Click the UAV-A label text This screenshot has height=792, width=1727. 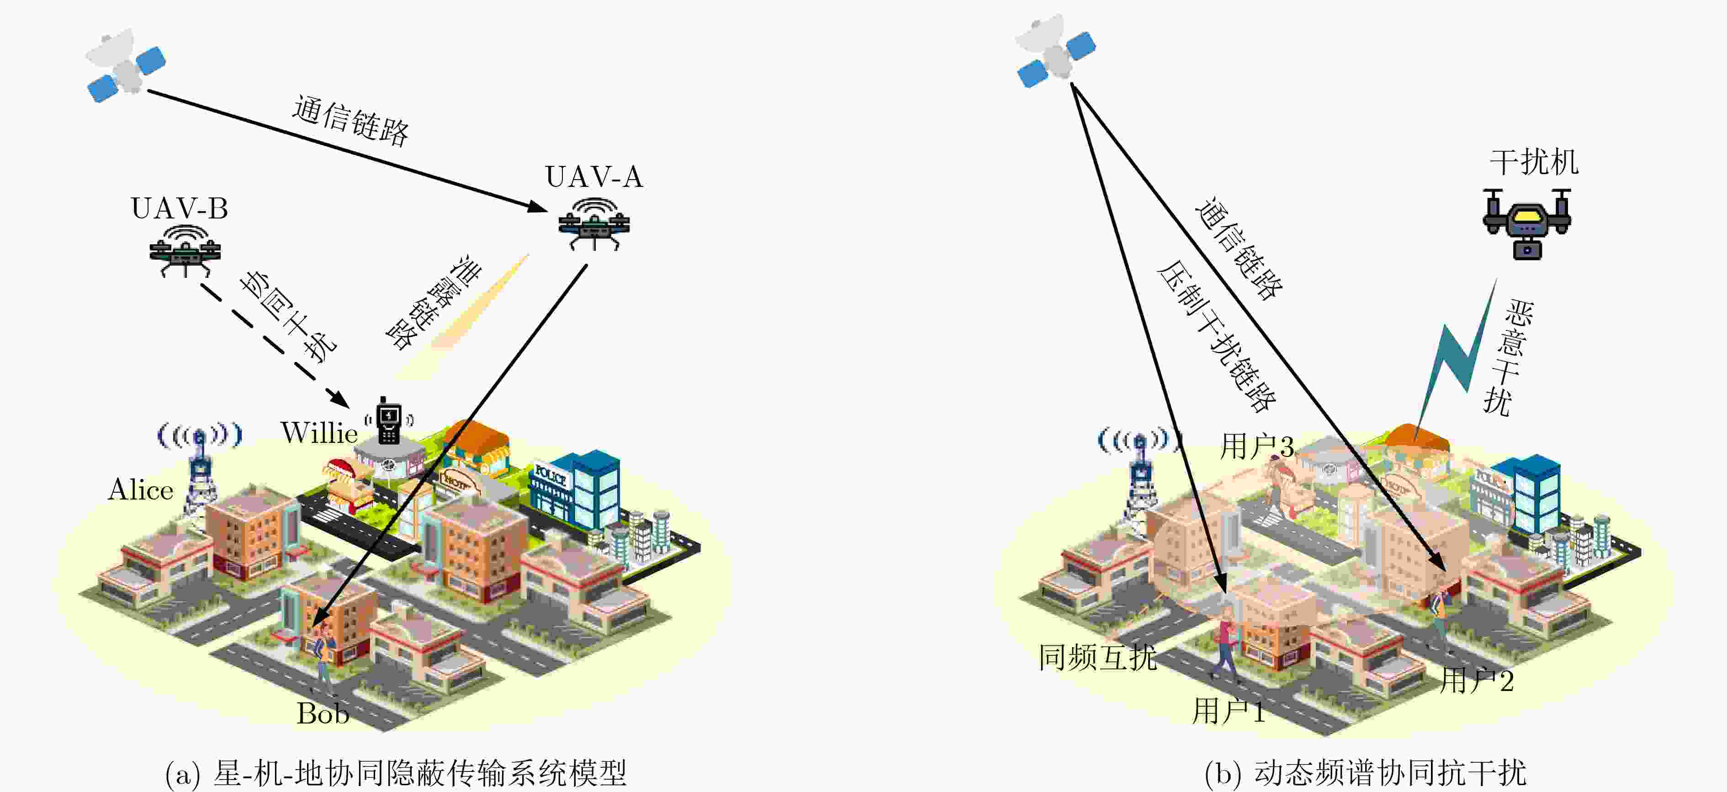pyautogui.click(x=594, y=177)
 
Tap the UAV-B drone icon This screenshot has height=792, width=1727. pyautogui.click(x=185, y=250)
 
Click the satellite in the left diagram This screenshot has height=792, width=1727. pyautogui.click(x=125, y=65)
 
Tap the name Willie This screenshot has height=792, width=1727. pyautogui.click(x=318, y=432)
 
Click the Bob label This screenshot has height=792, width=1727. pyautogui.click(x=323, y=713)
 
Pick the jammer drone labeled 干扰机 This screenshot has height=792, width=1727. pyautogui.click(x=1526, y=223)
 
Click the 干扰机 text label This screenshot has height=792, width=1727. pyautogui.click(x=1534, y=162)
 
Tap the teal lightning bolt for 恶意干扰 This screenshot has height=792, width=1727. pyautogui.click(x=1455, y=359)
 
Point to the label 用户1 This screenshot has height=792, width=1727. pyautogui.click(x=1228, y=711)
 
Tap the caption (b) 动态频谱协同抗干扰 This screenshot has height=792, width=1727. pyautogui.click(x=1365, y=773)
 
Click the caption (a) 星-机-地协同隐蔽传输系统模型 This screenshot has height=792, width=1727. pyautogui.click(x=396, y=773)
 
